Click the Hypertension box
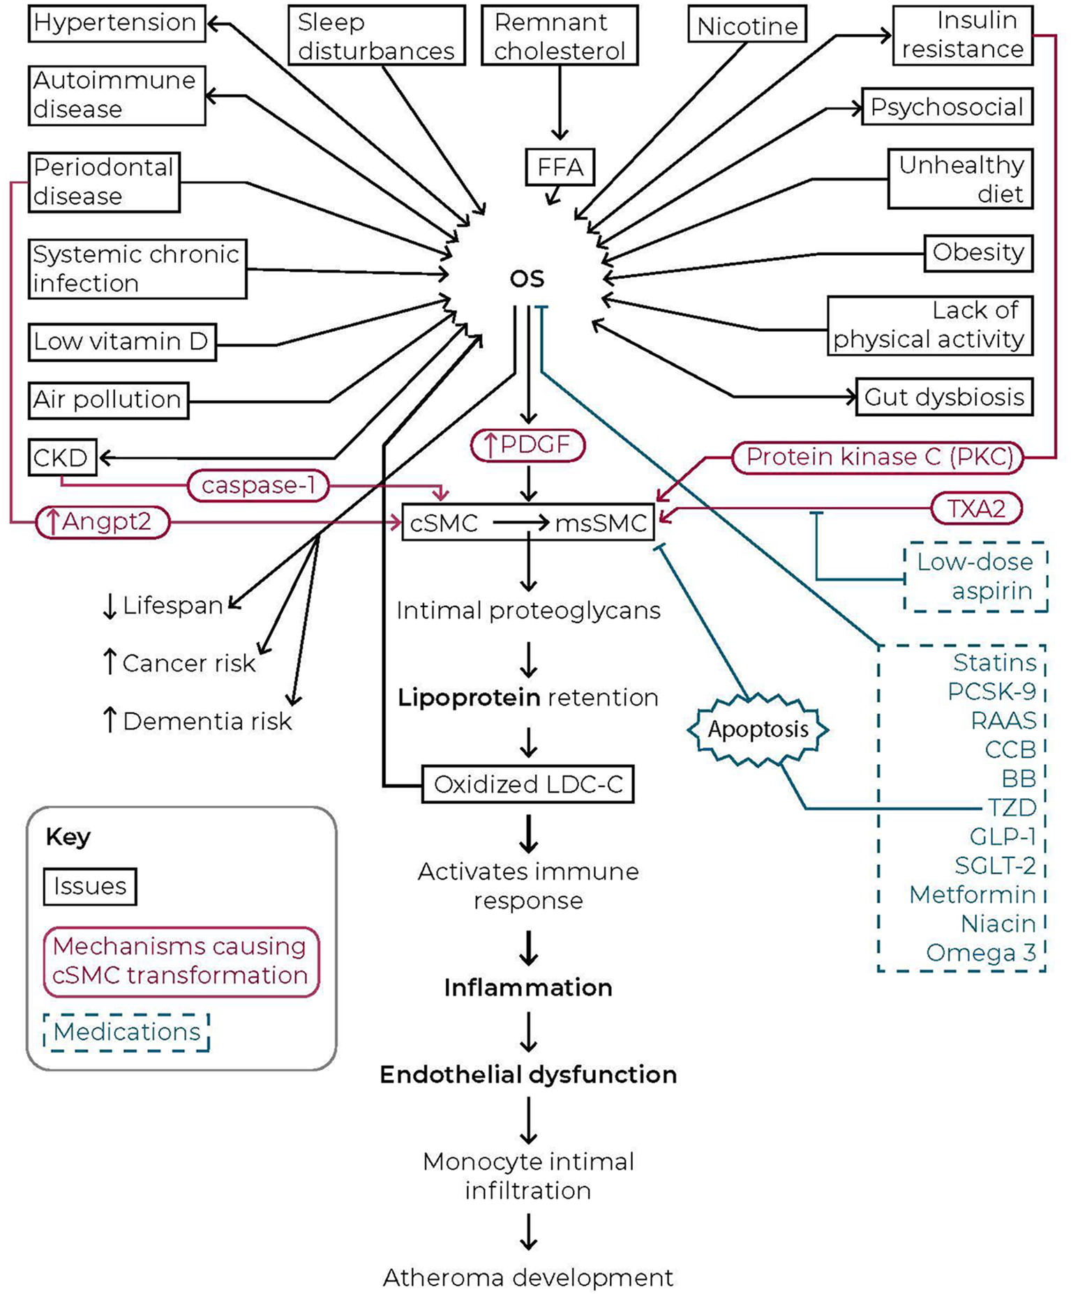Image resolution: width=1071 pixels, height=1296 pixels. tap(117, 24)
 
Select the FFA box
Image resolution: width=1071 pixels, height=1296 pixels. tap(560, 167)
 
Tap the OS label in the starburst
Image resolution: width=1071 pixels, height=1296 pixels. tap(527, 279)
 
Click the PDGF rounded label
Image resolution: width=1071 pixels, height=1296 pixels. tap(527, 445)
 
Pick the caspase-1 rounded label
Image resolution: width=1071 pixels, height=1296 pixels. tap(258, 485)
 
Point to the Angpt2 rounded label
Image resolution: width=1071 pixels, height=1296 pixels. tap(103, 522)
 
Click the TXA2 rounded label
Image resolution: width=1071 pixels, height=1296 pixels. tap(976, 509)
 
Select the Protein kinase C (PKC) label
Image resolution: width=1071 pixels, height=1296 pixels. tap(878, 457)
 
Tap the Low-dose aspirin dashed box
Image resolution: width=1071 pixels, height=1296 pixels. tap(975, 577)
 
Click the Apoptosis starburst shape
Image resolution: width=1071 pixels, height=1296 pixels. tap(758, 729)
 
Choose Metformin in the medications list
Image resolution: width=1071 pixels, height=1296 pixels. tap(972, 894)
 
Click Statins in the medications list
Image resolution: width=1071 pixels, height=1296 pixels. tap(994, 662)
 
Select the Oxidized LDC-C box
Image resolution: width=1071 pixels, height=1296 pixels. tap(527, 785)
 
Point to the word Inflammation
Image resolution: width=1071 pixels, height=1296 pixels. tap(528, 988)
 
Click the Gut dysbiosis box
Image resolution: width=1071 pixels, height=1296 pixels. tap(943, 397)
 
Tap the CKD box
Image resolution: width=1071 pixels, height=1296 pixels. tap(62, 458)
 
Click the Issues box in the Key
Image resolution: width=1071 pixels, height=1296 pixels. tap(90, 886)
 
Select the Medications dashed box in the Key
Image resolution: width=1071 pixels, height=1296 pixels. tap(126, 1032)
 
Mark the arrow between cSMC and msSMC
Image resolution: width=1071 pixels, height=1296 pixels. tap(520, 523)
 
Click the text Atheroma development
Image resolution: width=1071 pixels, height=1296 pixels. tap(528, 1278)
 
